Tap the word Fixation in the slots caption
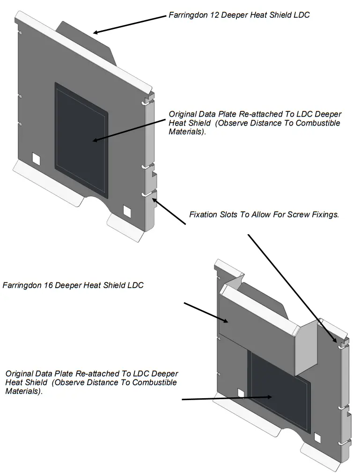tap(204, 215)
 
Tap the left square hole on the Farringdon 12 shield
tap(36, 158)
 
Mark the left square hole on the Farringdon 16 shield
tap(241, 393)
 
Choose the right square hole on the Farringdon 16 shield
tap(318, 438)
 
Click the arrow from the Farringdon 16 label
tap(206, 312)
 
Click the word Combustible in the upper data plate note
tap(317, 123)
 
